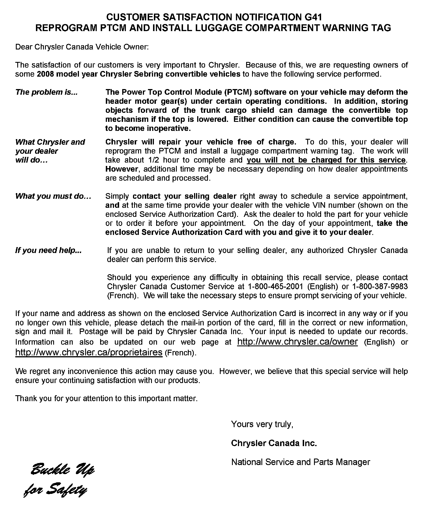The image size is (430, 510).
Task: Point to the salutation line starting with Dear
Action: pos(82,47)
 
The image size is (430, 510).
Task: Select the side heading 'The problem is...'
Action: pos(46,92)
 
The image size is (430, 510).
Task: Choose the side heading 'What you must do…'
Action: pos(53,196)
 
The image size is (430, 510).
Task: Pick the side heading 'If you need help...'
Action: pos(48,250)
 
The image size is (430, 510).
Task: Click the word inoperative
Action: pos(169,128)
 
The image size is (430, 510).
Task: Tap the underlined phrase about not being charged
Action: pos(326,160)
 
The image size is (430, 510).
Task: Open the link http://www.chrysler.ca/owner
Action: pos(297,342)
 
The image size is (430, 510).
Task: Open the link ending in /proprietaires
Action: pos(89,353)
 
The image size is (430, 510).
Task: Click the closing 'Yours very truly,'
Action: pos(262,424)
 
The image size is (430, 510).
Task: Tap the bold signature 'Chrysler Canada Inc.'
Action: pos(274,443)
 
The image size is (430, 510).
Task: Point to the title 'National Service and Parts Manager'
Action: pos(301,462)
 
